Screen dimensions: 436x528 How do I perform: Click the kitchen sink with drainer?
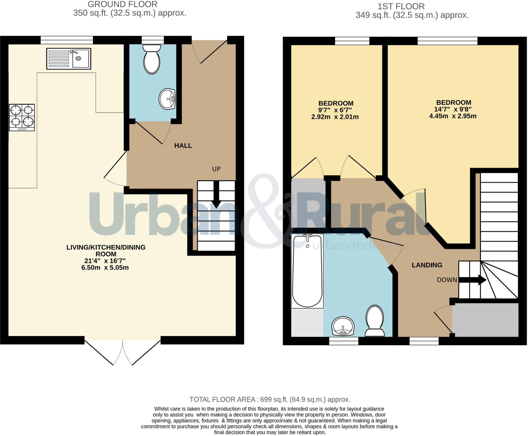pyautogui.click(x=69, y=59)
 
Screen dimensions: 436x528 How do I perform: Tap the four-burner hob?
pyautogui.click(x=22, y=117)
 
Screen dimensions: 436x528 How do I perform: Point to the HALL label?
pyautogui.click(x=183, y=146)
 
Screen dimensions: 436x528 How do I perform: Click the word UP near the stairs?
pyautogui.click(x=216, y=169)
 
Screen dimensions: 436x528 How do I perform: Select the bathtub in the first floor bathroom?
pyautogui.click(x=307, y=271)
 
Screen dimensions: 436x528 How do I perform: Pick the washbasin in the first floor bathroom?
pyautogui.click(x=343, y=326)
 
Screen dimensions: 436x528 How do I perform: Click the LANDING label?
pyautogui.click(x=427, y=265)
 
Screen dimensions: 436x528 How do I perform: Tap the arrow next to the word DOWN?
pyautogui.click(x=472, y=280)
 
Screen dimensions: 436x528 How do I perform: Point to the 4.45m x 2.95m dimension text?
pyautogui.click(x=452, y=116)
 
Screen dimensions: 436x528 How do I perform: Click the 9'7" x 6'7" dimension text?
pyautogui.click(x=335, y=110)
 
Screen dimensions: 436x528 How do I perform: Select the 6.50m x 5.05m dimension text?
pyautogui.click(x=105, y=268)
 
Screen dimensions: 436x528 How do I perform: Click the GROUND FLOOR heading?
pyautogui.click(x=122, y=4)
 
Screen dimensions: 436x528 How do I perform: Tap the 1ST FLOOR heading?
pyautogui.click(x=401, y=6)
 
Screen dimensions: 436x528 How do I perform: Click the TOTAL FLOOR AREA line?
pyautogui.click(x=270, y=399)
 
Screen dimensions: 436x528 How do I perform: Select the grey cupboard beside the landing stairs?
pyautogui.click(x=485, y=320)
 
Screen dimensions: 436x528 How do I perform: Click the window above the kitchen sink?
pyautogui.click(x=67, y=40)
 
